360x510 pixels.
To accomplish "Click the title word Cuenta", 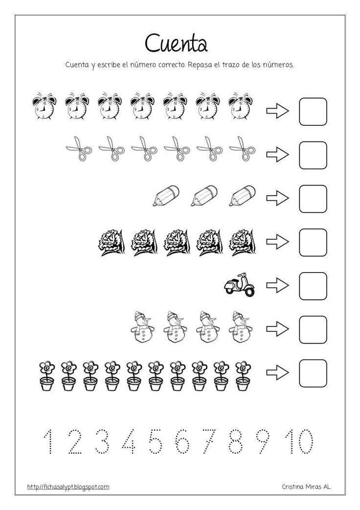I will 177,43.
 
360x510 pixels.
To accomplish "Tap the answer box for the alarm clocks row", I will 313,112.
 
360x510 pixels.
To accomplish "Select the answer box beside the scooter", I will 313,285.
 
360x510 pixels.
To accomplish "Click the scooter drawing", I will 239,285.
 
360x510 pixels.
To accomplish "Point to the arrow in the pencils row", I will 277,199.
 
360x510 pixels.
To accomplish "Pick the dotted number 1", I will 48,441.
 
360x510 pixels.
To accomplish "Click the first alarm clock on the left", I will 45,106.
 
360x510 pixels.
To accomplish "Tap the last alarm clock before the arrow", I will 240,106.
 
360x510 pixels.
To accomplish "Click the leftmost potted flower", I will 47,376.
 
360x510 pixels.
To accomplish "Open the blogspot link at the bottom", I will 68,487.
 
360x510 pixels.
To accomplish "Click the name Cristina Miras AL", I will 306,487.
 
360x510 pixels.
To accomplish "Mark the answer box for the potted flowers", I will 313,373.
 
